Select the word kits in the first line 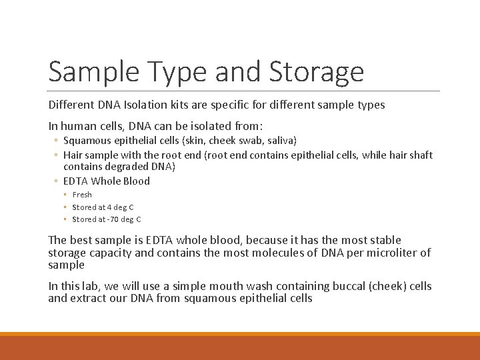point(186,105)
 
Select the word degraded point(128,166)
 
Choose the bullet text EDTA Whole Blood point(107,181)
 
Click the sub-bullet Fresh point(82,195)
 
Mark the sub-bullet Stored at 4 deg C point(103,207)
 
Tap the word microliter point(388,252)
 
